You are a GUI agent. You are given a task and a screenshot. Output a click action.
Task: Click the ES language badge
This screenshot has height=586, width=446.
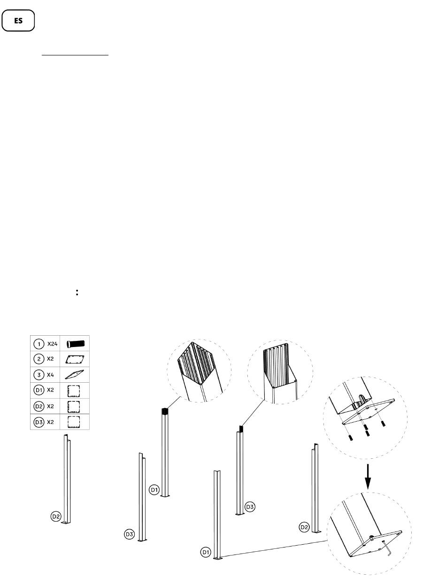click(x=18, y=21)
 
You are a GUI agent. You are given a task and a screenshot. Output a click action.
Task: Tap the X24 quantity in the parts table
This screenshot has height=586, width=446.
click(x=52, y=343)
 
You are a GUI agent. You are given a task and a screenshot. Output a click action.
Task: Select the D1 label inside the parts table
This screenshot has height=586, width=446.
click(x=38, y=390)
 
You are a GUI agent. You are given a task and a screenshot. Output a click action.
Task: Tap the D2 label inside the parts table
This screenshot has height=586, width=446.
click(x=38, y=406)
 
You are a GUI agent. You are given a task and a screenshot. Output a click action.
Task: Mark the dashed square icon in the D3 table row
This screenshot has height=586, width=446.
click(x=74, y=422)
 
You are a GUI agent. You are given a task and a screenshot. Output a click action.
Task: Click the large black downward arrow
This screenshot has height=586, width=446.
click(x=369, y=477)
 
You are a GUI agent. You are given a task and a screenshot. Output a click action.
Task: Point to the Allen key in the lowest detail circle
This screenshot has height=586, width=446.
click(x=387, y=548)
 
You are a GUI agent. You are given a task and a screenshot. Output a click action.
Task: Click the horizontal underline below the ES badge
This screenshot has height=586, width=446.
click(x=75, y=55)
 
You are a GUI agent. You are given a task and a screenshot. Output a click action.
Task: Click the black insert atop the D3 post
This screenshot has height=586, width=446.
click(x=241, y=429)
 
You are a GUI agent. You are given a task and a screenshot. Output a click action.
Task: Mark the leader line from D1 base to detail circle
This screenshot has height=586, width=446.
click(x=272, y=549)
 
